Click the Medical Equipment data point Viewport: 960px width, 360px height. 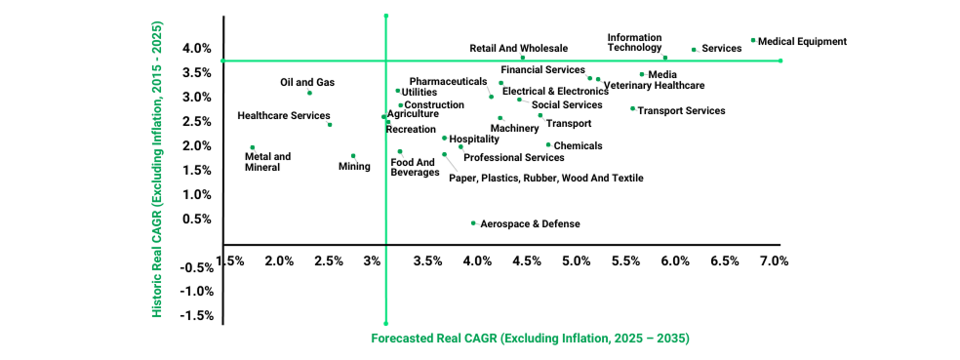[752, 40]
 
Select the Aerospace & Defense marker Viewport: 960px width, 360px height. [473, 222]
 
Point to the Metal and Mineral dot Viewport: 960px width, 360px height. [253, 147]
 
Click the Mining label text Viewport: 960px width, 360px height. [354, 167]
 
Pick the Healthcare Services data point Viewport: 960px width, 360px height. [330, 124]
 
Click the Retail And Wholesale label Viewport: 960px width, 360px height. [518, 47]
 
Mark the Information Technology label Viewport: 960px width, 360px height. [634, 42]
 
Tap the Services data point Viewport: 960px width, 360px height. [694, 49]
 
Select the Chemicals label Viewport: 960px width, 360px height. [578, 145]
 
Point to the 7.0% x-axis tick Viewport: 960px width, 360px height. [773, 260]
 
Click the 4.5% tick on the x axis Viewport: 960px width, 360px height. [527, 260]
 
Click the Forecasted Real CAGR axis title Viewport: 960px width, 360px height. [530, 339]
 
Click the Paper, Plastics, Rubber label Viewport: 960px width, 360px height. [545, 178]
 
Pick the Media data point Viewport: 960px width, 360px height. [641, 74]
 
